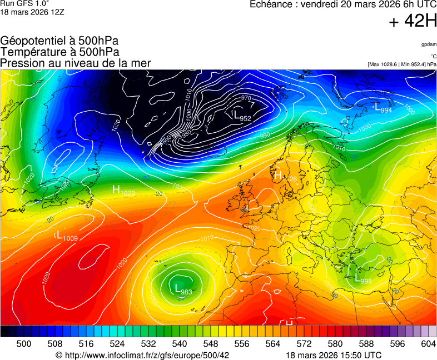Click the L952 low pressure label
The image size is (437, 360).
pos(241,116)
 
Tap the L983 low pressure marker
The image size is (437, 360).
pos(183,289)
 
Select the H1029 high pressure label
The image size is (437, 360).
pos(123,191)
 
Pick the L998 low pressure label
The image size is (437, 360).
pos(363,279)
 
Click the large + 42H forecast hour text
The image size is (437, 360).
pos(413,21)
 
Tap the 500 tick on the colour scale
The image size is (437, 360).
pos(24,344)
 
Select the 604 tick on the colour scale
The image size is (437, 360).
pos(428,344)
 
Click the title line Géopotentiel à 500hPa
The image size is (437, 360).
pos(59,41)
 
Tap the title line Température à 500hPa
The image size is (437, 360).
pos(59,52)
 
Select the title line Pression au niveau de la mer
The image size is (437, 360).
pos(76,63)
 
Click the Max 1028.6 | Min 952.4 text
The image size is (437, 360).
pos(402,64)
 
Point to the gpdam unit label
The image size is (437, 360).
pos(429,44)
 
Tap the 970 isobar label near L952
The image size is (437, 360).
pos(246,98)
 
